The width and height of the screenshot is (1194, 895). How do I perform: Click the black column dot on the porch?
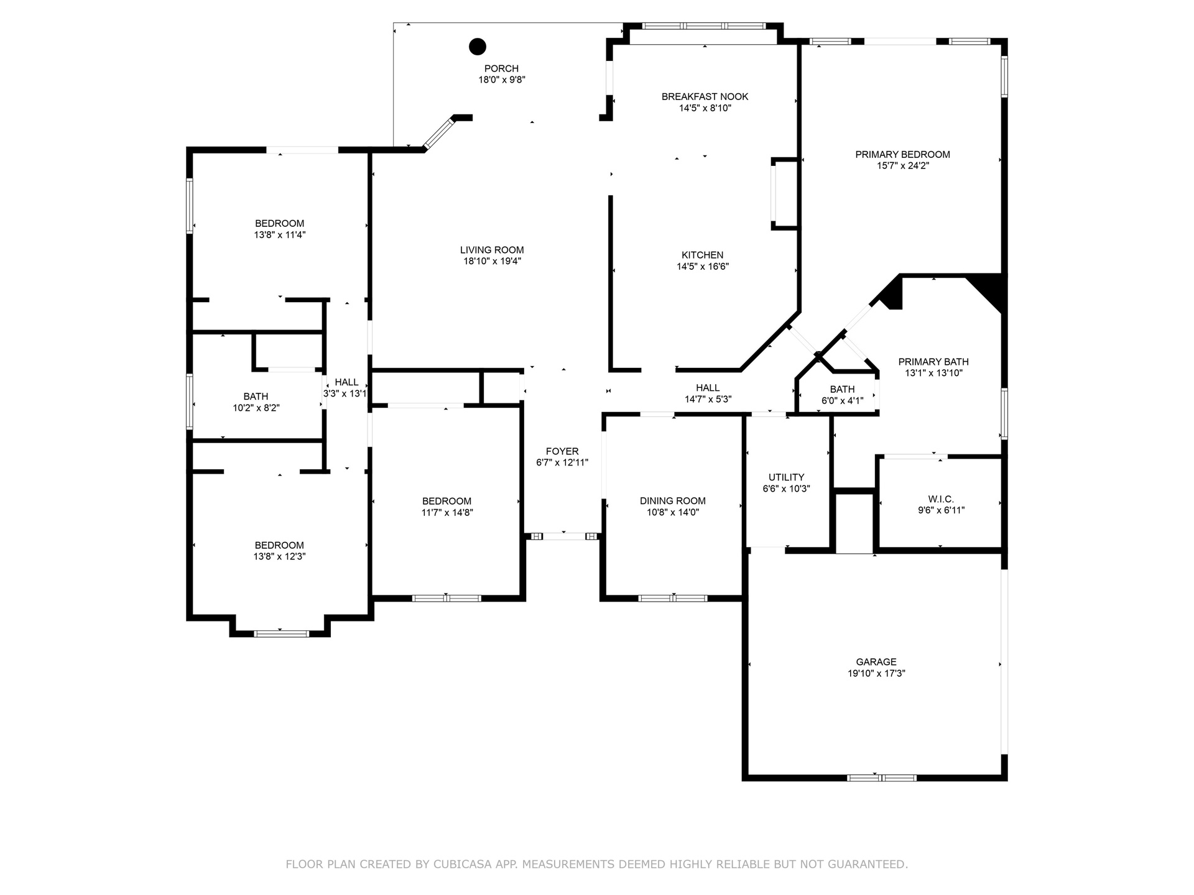point(477,46)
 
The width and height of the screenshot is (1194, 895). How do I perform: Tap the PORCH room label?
point(501,68)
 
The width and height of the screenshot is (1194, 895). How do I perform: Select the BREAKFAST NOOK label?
point(705,96)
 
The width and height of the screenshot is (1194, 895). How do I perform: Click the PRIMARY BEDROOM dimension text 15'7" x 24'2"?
point(902,166)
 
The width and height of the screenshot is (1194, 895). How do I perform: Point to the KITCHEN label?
point(703,255)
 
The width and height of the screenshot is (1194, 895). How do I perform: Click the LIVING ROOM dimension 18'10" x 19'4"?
point(492,262)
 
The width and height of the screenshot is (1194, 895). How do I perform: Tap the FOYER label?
point(562,451)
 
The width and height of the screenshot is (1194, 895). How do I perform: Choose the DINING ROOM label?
point(673,501)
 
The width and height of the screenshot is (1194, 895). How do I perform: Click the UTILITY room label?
point(786,477)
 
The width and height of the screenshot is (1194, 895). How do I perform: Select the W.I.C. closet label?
point(941,499)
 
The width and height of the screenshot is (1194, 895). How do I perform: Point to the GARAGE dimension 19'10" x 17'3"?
point(876,673)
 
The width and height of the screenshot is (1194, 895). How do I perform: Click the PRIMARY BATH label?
point(933,362)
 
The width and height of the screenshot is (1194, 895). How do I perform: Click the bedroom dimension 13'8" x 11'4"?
point(280,235)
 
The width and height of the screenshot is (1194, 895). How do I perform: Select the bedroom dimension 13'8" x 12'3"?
point(279,557)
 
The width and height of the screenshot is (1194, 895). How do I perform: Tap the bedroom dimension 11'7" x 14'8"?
point(447,513)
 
